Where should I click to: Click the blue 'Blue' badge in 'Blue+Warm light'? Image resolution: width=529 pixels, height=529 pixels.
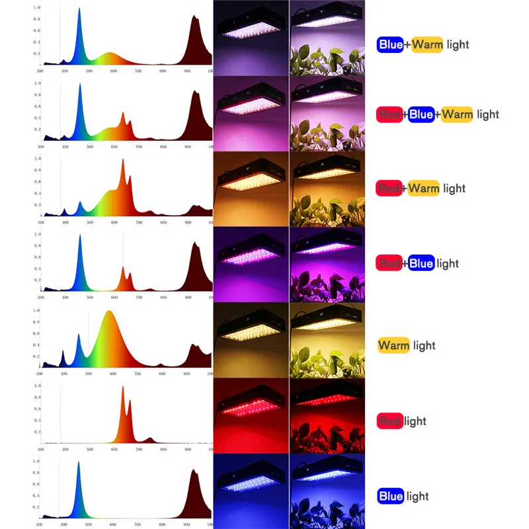[x=391, y=45]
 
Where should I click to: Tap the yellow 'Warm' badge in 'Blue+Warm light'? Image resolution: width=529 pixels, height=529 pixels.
[x=427, y=45]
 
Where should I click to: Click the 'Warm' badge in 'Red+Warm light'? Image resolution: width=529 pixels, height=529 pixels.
[x=424, y=188]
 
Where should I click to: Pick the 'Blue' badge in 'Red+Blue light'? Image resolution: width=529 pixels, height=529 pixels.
[x=421, y=263]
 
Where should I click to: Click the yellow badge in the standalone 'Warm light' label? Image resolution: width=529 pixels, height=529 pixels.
[x=393, y=345]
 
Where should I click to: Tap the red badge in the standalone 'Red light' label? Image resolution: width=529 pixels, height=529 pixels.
[x=390, y=421]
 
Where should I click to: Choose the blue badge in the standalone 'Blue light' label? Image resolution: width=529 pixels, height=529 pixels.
[x=391, y=496]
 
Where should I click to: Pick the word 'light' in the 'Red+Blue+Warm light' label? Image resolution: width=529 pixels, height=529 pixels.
[x=487, y=114]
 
